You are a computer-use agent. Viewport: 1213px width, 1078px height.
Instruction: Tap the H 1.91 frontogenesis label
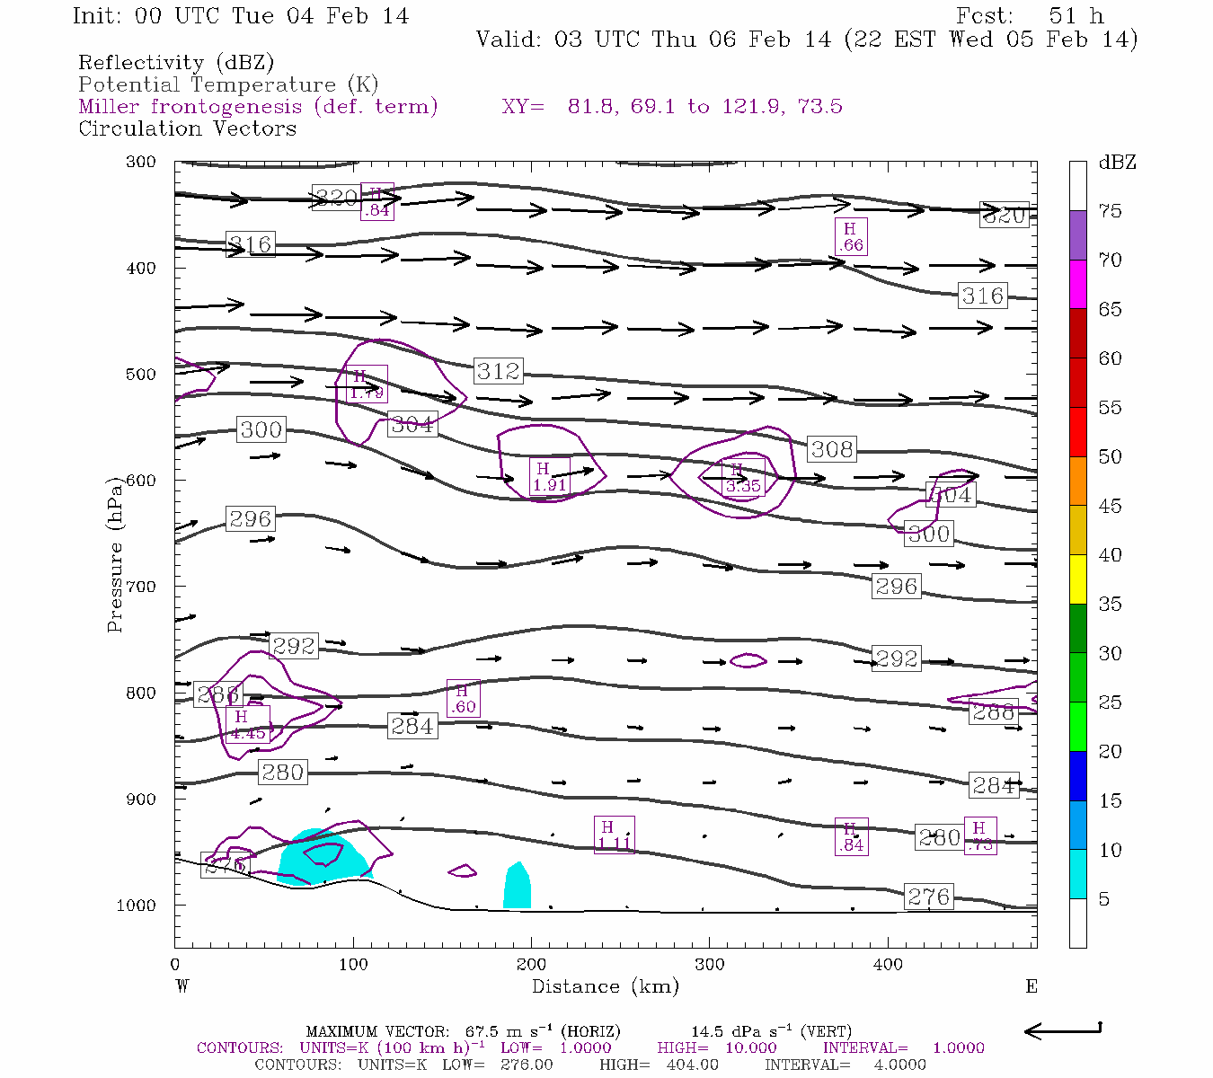(x=549, y=477)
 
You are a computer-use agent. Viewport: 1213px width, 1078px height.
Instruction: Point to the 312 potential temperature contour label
(x=499, y=370)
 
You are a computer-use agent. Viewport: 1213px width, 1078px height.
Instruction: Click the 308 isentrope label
(x=831, y=448)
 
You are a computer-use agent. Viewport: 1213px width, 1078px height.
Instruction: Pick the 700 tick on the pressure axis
(x=140, y=587)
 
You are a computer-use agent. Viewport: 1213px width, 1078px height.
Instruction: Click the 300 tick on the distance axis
(x=710, y=964)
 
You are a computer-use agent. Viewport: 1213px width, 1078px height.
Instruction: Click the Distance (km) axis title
(x=605, y=986)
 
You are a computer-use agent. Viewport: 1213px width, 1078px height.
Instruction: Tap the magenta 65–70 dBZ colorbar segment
(x=1078, y=284)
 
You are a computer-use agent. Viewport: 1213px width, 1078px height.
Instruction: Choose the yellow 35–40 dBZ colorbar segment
(x=1078, y=579)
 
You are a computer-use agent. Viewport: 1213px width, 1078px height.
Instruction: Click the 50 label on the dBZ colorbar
(x=1111, y=456)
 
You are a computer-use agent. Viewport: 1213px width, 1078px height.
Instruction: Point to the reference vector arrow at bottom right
(x=1062, y=1030)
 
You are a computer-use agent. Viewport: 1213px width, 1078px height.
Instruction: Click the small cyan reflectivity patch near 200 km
(x=517, y=887)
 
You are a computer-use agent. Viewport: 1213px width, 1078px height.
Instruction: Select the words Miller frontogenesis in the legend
(x=190, y=107)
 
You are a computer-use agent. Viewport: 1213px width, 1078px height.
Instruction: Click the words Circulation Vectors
(x=187, y=128)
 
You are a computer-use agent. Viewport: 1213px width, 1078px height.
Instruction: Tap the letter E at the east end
(x=1031, y=986)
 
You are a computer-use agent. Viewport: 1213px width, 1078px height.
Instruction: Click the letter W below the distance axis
(x=182, y=986)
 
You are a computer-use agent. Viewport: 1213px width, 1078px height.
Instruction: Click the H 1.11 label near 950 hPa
(x=615, y=835)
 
